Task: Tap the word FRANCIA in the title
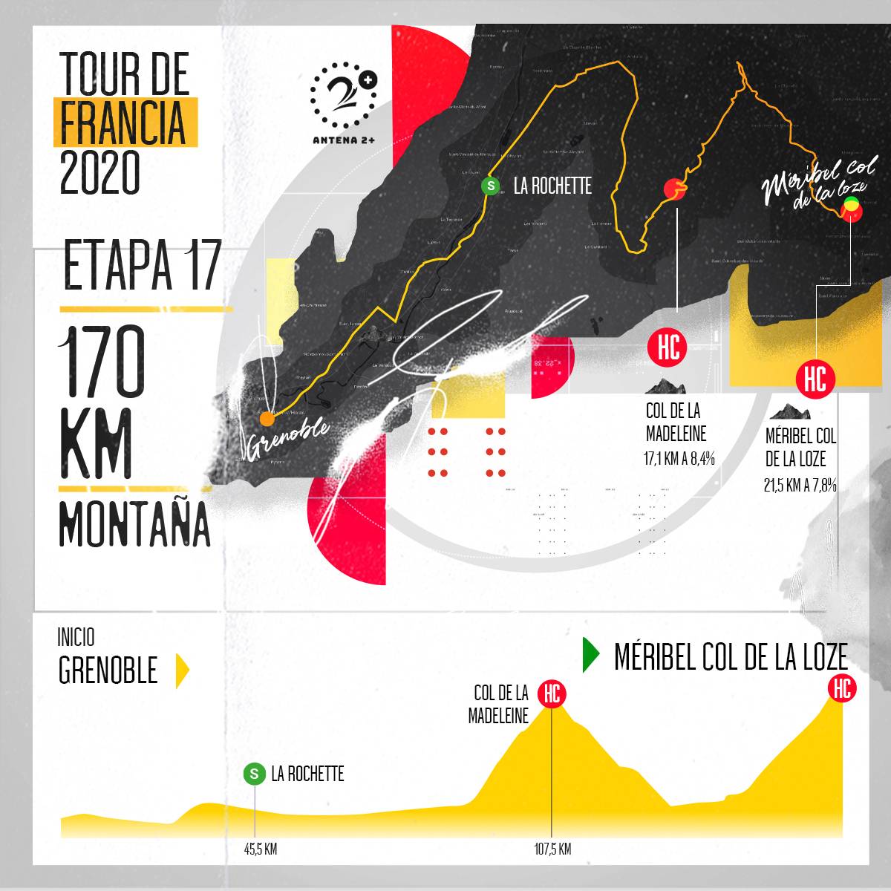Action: [123, 123]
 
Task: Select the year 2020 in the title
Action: [99, 172]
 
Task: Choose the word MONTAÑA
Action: [134, 524]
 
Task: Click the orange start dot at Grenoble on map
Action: [267, 419]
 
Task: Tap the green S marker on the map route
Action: [490, 186]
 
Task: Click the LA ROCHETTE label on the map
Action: [552, 186]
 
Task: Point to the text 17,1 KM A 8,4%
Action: [679, 459]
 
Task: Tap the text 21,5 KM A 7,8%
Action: [800, 486]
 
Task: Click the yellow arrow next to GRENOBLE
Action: [182, 670]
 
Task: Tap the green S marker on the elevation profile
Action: [254, 774]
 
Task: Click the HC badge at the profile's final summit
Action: [842, 688]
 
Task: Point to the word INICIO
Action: [76, 638]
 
